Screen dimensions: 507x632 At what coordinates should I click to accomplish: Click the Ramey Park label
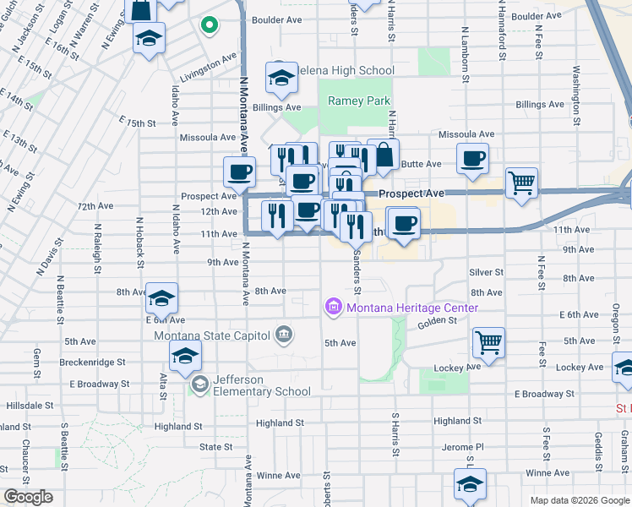[359, 101]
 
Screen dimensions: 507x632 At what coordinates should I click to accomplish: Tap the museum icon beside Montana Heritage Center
[333, 308]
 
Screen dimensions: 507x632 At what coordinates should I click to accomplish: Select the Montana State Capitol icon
[284, 335]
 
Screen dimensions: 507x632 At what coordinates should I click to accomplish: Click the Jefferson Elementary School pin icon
[199, 385]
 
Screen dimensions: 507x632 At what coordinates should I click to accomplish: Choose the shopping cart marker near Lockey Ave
[488, 342]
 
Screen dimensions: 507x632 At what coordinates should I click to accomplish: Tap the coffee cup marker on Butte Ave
[472, 157]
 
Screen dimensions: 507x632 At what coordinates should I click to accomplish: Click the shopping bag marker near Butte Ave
[384, 155]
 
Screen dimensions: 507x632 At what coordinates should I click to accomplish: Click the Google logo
[28, 497]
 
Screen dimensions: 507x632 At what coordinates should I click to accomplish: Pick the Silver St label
[486, 272]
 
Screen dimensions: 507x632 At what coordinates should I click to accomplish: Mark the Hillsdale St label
[30, 406]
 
